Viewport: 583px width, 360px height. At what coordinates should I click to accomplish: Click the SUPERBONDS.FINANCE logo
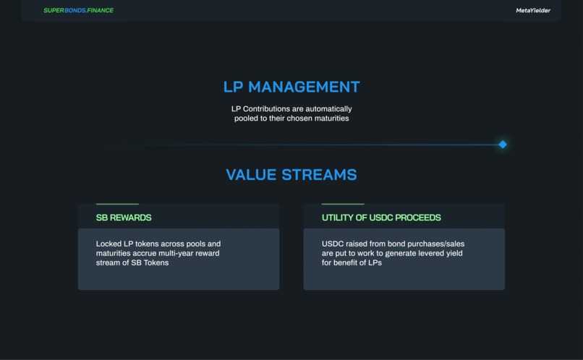(78, 11)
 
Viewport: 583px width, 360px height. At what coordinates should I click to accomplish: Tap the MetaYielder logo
(532, 11)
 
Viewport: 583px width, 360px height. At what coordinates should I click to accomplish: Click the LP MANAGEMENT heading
(291, 87)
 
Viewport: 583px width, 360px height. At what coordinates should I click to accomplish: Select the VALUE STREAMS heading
(291, 175)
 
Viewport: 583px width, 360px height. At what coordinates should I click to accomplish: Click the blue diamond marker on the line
(503, 145)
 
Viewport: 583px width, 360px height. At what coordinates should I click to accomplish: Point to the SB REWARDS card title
(124, 218)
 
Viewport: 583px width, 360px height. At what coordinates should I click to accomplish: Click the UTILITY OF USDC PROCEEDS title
(381, 218)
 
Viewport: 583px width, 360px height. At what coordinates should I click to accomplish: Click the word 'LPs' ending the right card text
(374, 262)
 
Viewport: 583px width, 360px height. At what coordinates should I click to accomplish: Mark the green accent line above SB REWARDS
(117, 204)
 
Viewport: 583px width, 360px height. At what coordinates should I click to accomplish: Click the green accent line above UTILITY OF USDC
(343, 204)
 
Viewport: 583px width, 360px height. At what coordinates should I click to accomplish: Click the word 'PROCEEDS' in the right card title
(418, 218)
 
